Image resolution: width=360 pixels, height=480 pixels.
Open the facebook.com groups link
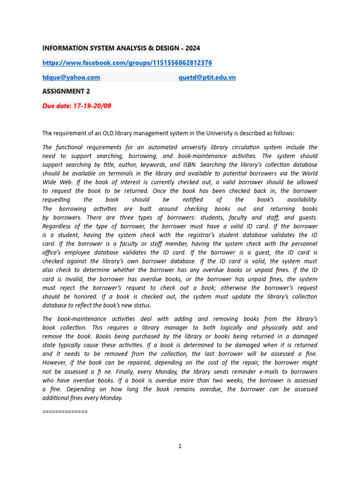[127, 62]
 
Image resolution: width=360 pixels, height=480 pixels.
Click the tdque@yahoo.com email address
[71, 77]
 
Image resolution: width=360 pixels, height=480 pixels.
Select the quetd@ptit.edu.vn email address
[207, 77]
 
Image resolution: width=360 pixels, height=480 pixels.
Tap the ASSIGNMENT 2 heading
[66, 91]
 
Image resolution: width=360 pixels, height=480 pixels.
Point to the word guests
[305, 217]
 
